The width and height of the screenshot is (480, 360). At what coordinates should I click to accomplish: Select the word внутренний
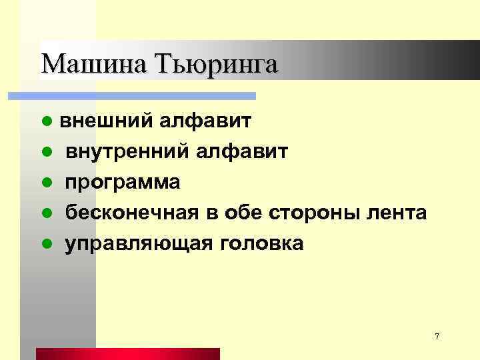(127, 152)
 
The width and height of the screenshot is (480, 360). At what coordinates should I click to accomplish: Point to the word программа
(122, 183)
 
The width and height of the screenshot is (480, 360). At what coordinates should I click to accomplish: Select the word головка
(259, 243)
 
